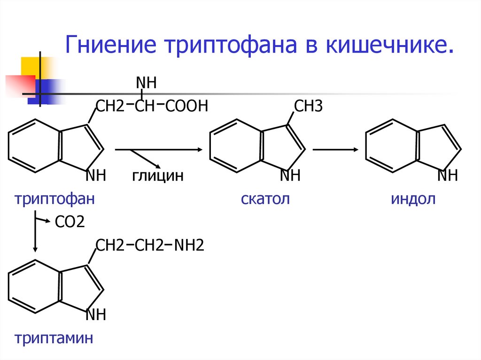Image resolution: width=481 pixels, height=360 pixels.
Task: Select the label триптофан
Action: [55, 199]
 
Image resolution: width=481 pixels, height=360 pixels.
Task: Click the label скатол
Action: [265, 199]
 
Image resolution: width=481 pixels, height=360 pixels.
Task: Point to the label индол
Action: [413, 199]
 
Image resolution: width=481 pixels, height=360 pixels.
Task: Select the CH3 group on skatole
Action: [308, 107]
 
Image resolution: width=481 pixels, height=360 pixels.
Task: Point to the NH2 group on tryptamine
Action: [189, 245]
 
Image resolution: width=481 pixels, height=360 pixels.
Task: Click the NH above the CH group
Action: [146, 84]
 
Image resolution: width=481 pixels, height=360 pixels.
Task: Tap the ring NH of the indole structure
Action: [447, 176]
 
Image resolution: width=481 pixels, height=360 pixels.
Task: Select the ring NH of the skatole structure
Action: [290, 176]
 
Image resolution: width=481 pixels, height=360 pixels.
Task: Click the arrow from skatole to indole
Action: [334, 150]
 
